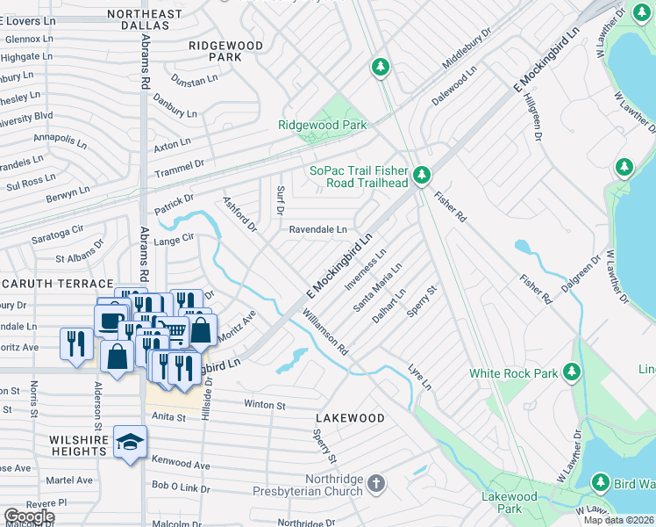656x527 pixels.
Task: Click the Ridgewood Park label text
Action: tap(322, 126)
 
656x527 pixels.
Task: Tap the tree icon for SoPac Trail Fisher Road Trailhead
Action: tap(422, 177)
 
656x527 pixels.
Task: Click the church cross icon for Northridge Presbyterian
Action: tap(375, 484)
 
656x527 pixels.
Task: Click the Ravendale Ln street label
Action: tap(318, 229)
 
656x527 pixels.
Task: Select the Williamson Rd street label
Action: tap(325, 332)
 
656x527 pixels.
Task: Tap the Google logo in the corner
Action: tap(29, 517)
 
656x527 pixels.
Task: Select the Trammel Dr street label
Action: tap(180, 163)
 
